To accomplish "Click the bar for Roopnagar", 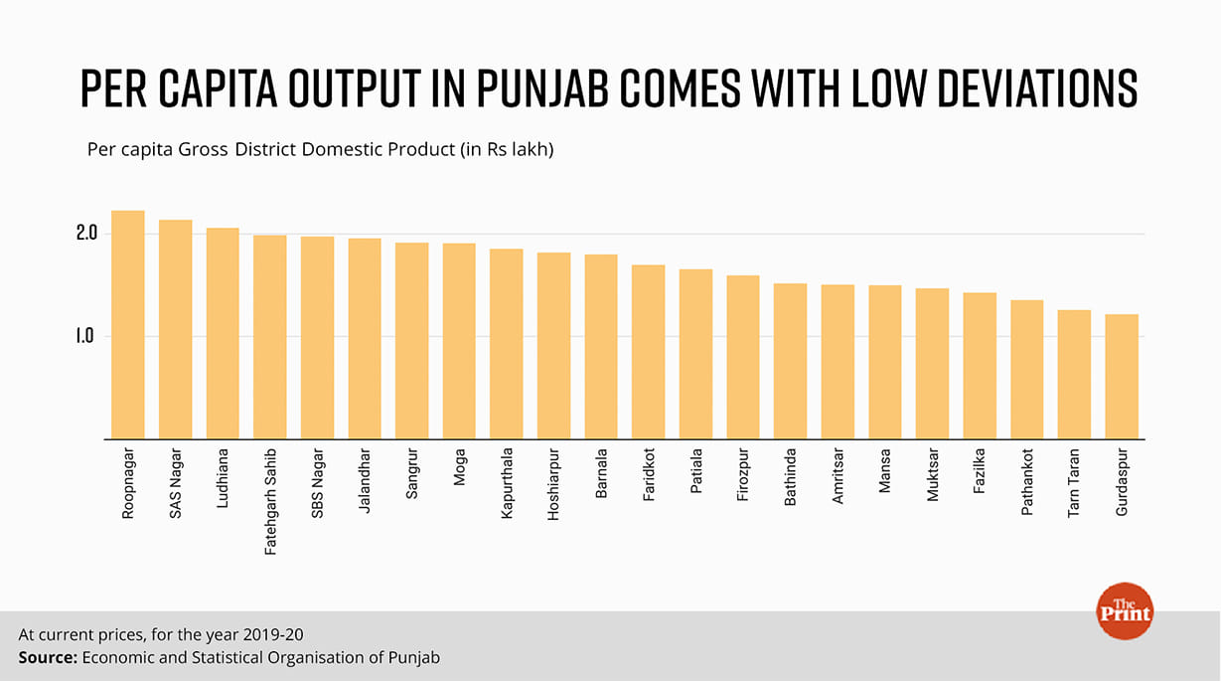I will [127, 324].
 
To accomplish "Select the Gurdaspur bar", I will [1122, 376].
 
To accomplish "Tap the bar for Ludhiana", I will [223, 333].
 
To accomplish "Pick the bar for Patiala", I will [695, 353].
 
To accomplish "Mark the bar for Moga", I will [459, 340].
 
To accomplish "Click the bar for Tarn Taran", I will [1074, 374].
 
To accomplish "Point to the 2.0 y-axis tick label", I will [84, 234].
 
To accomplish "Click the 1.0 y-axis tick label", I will [84, 336].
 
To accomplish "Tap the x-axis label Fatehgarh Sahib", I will [270, 499].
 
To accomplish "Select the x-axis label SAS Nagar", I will [175, 479].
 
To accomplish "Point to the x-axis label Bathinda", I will [790, 478].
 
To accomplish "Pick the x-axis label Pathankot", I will [1026, 481].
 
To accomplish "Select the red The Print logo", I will [1124, 610].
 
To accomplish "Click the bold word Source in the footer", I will [47, 657].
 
